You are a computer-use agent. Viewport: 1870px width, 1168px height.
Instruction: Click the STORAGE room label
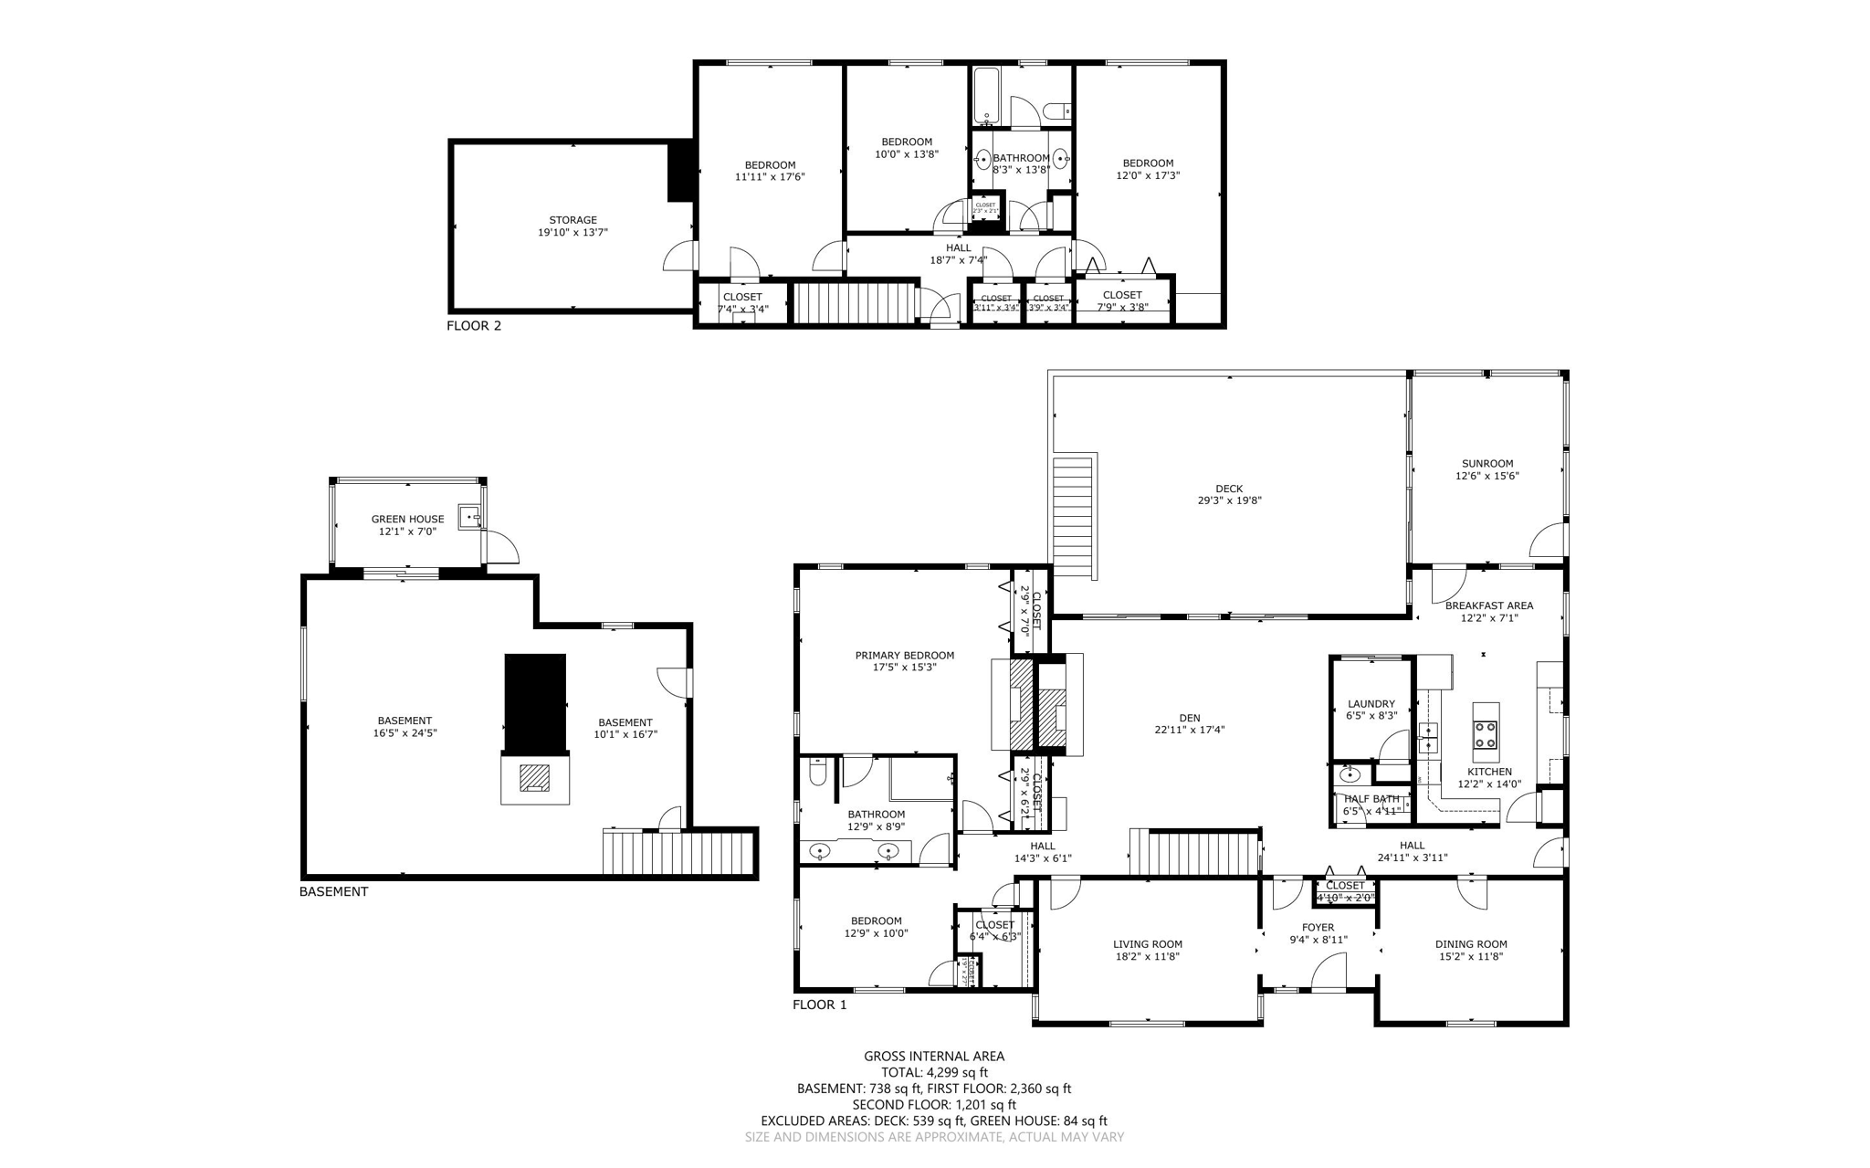coord(573,220)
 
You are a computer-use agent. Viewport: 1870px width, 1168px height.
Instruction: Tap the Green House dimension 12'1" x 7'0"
coord(407,531)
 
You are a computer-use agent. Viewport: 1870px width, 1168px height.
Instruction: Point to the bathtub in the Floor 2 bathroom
coord(987,96)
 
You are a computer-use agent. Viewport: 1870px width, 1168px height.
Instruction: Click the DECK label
coord(1229,489)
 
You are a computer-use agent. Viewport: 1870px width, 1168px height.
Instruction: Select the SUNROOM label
coord(1487,463)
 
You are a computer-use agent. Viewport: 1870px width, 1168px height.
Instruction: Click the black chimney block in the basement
coord(535,701)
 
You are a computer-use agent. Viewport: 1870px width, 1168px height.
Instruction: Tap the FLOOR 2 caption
coord(474,326)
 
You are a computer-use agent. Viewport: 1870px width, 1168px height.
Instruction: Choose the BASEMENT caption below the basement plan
coord(333,892)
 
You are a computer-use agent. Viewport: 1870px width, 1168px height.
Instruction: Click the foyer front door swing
coord(1329,972)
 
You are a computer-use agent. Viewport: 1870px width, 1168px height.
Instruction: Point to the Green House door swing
coord(501,547)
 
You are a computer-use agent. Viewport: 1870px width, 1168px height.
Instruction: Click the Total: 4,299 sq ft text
coord(934,1073)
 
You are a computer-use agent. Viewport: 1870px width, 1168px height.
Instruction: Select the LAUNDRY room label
coord(1371,704)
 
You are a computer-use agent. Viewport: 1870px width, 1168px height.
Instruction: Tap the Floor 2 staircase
coord(854,303)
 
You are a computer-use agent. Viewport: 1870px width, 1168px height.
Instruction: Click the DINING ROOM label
coord(1470,944)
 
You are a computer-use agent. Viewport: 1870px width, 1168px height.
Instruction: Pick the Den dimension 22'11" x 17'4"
coord(1189,731)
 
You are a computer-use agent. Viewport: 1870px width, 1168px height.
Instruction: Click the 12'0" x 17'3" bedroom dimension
coord(1148,175)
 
